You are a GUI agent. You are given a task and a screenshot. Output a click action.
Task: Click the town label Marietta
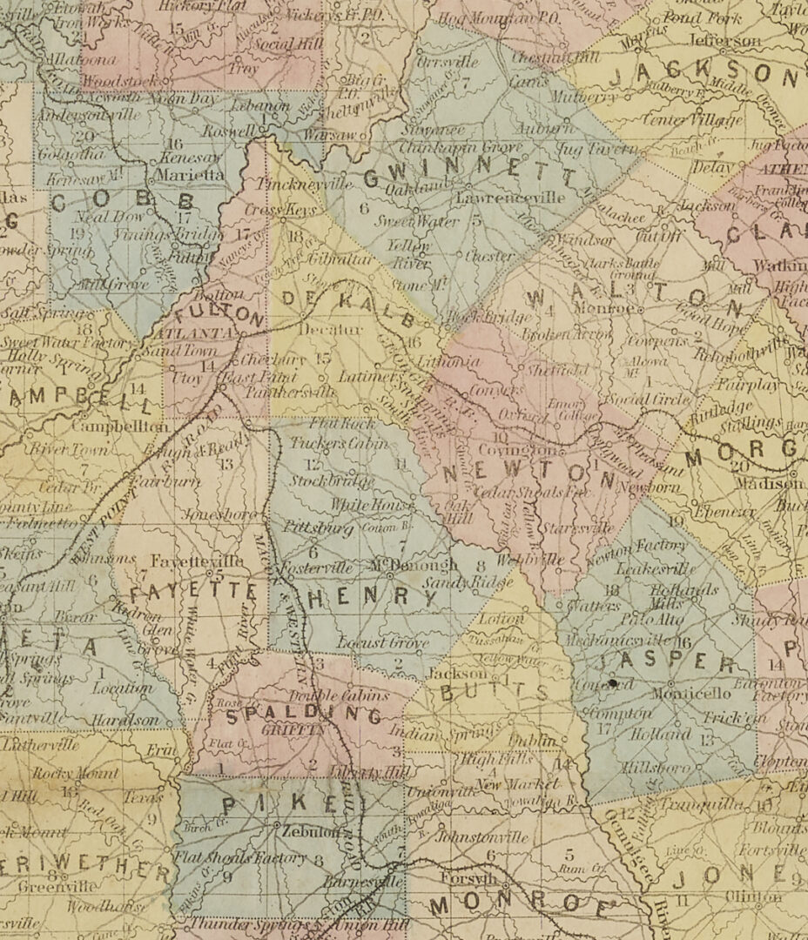pyautogui.click(x=193, y=175)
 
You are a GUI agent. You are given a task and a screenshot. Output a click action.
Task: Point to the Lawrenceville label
pyautogui.click(x=510, y=198)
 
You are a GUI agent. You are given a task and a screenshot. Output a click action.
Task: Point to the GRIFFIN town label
pyautogui.click(x=299, y=732)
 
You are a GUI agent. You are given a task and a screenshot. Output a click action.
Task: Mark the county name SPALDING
pyautogui.click(x=305, y=715)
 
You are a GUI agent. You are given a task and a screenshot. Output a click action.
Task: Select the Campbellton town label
pyautogui.click(x=119, y=427)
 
